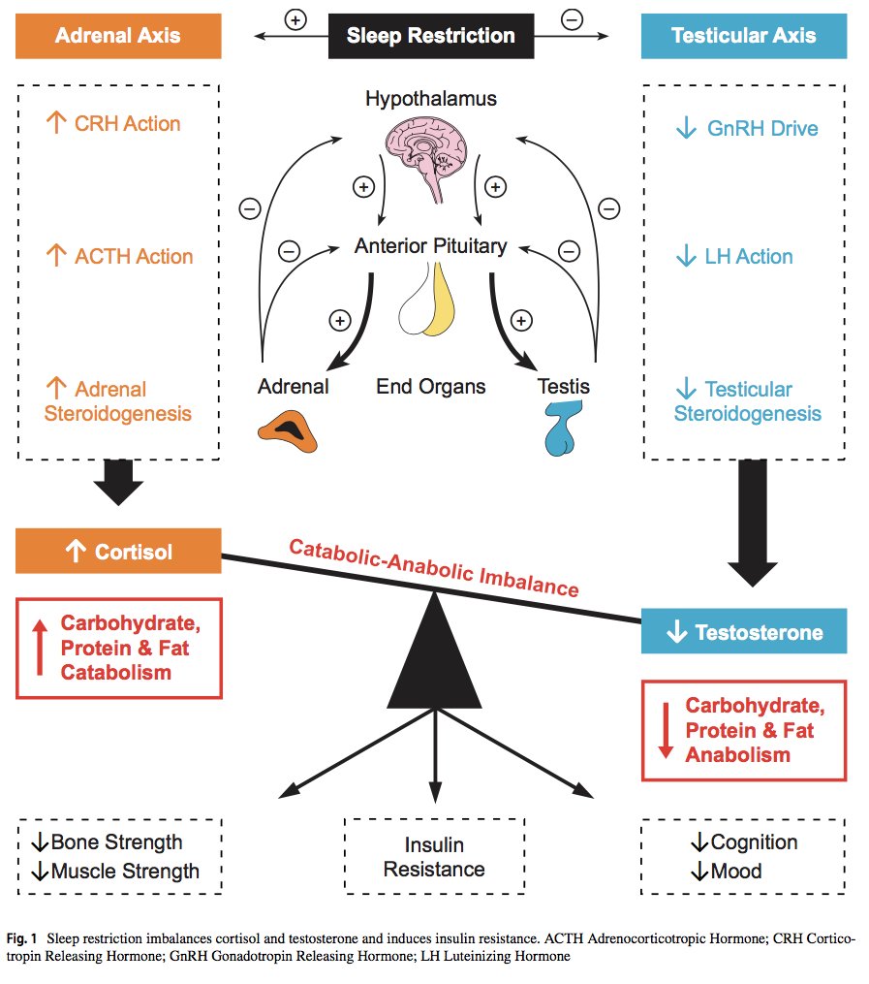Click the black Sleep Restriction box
coord(430,37)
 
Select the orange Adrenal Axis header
coord(118,37)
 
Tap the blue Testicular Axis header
coord(743,37)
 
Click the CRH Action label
coord(113,123)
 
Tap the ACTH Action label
coord(119,257)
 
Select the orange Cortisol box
coord(118,552)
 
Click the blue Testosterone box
coord(743,632)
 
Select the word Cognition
coord(754,841)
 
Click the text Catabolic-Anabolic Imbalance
coord(434,567)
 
